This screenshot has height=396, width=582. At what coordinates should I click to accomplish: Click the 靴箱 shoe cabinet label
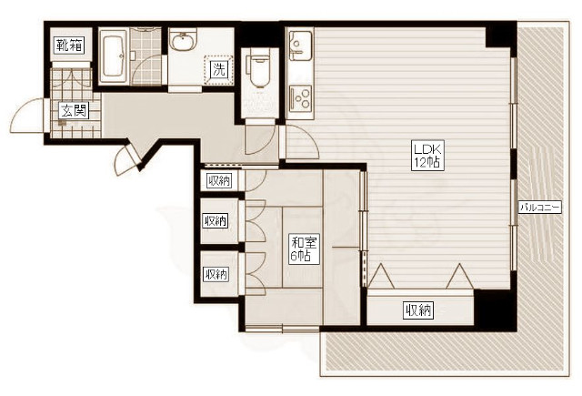tap(69, 46)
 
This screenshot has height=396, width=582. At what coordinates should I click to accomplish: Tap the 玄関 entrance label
tap(75, 110)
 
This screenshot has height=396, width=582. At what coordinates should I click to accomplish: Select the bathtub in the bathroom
tap(115, 56)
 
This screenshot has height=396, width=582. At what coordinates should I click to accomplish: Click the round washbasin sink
tap(183, 41)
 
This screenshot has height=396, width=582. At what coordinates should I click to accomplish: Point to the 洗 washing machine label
tap(218, 69)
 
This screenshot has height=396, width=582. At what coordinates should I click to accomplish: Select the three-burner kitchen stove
tap(300, 96)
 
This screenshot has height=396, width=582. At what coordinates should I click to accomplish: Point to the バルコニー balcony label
tap(540, 208)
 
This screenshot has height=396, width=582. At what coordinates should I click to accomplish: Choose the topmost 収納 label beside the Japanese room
tap(219, 181)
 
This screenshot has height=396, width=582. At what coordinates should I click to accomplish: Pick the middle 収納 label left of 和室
tap(216, 221)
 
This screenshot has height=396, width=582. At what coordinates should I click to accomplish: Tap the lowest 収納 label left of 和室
tap(216, 275)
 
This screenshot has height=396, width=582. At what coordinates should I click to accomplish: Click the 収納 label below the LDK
tap(419, 310)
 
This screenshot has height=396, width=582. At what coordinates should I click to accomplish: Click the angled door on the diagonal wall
tap(129, 159)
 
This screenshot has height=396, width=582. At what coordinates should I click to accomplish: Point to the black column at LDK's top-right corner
tap(501, 36)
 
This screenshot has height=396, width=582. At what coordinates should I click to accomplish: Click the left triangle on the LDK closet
tap(382, 277)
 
